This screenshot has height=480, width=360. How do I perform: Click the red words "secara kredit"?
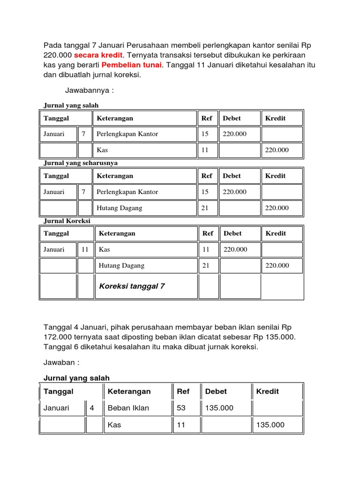(x=96, y=55)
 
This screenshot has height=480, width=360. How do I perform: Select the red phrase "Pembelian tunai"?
(x=131, y=65)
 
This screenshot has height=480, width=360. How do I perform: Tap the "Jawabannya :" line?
(x=90, y=90)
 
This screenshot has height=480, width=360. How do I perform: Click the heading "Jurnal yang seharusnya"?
(x=81, y=163)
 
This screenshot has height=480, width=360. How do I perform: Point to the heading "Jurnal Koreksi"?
(x=67, y=220)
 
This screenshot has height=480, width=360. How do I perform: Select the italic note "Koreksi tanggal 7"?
(x=132, y=286)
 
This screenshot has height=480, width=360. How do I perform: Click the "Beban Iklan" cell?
(x=128, y=408)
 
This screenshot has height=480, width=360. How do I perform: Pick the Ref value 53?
(x=181, y=408)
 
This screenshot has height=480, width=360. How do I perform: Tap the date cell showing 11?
(x=85, y=249)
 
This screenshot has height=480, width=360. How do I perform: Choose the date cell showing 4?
(x=92, y=408)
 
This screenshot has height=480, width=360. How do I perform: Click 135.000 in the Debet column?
(x=219, y=408)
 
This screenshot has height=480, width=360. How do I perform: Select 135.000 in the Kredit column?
(x=270, y=425)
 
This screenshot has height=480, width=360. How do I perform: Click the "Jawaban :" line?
(x=62, y=362)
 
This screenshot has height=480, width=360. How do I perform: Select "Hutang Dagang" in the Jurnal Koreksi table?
(x=121, y=265)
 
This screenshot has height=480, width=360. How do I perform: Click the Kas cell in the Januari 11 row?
(x=105, y=249)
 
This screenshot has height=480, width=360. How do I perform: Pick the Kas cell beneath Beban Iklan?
(x=114, y=425)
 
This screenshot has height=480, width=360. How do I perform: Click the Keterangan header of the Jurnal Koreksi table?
(x=117, y=233)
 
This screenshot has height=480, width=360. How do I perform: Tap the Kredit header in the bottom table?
(x=268, y=391)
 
